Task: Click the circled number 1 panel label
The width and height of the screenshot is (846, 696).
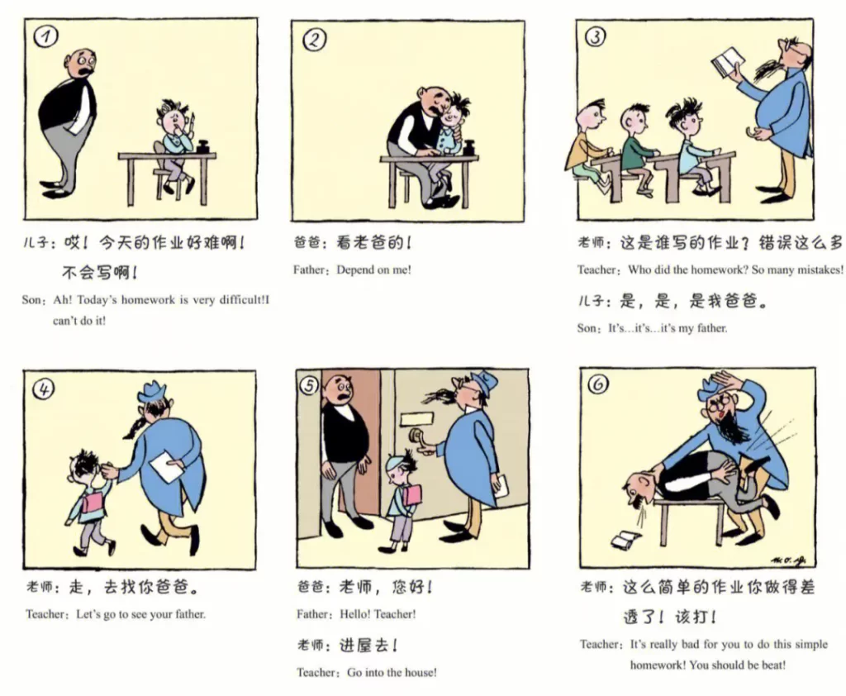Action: pyautogui.click(x=45, y=36)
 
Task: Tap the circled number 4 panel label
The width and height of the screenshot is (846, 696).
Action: pyautogui.click(x=43, y=389)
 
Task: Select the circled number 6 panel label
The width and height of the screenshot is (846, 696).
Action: pyautogui.click(x=598, y=384)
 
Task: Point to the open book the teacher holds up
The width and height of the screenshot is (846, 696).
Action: pyautogui.click(x=727, y=63)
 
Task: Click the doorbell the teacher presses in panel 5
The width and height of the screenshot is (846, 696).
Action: pyautogui.click(x=417, y=436)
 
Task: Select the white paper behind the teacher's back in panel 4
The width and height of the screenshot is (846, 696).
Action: pyautogui.click(x=167, y=467)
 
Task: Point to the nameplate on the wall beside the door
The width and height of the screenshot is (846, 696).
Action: pyautogui.click(x=416, y=418)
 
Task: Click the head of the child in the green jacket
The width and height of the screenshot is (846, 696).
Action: pyautogui.click(x=634, y=119)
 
